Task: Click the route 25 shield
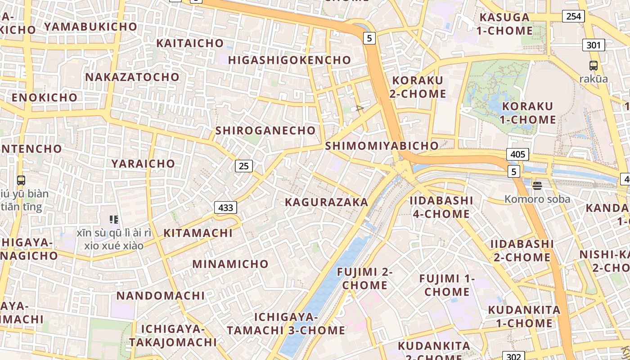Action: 243,166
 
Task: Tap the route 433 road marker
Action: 225,207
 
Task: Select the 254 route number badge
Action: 573,17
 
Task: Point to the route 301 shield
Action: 594,45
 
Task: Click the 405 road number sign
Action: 517,154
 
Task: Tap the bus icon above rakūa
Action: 594,66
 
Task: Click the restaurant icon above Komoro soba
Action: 537,185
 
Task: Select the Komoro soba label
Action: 537,199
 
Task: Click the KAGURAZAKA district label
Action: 327,202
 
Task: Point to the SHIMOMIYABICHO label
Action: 382,146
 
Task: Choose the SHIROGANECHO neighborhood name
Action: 265,130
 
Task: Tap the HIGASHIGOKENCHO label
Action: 289,60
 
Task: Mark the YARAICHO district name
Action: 143,163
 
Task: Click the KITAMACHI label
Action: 198,233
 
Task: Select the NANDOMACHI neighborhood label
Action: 161,296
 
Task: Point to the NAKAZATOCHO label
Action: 132,77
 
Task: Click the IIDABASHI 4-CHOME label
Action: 441,207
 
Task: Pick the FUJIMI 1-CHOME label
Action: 447,285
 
